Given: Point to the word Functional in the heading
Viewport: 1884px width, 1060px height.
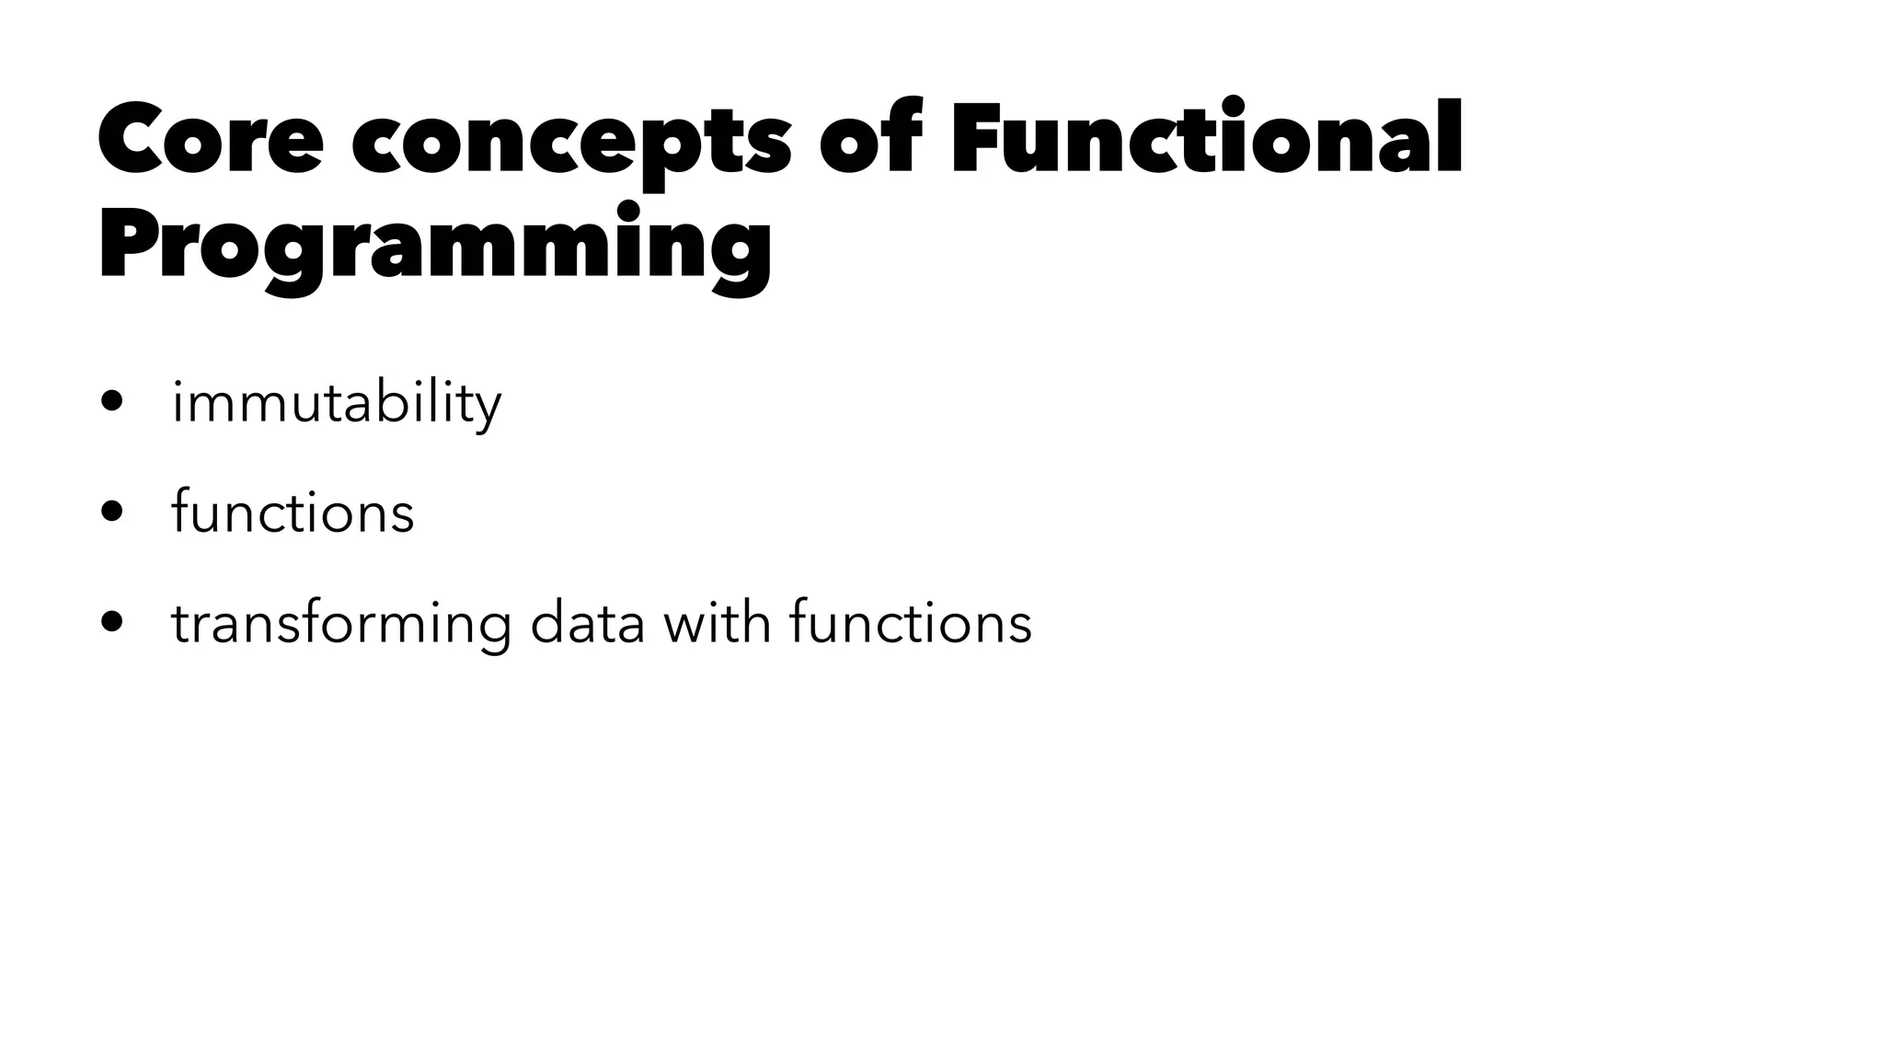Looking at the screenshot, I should tap(1206, 138).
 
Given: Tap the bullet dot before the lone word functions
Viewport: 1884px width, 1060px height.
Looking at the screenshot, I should tap(112, 512).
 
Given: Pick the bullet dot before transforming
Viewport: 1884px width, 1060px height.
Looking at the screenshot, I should tap(112, 622).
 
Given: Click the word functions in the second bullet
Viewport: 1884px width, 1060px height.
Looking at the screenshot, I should tap(293, 512).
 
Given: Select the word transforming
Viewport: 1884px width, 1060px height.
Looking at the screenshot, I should tap(341, 624).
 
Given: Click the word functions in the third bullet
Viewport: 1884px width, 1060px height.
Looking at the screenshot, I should tap(911, 622).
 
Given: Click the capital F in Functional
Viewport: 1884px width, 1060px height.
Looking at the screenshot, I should tap(979, 138).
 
